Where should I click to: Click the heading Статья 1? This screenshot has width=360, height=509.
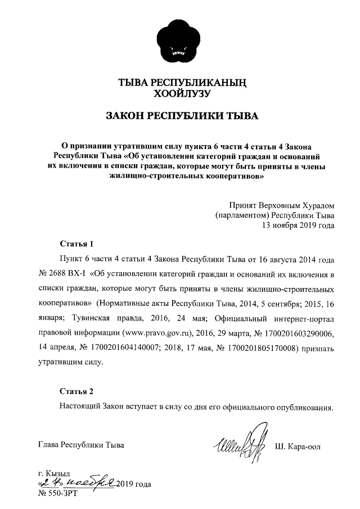pyautogui.click(x=76, y=244)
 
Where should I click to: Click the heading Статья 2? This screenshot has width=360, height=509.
pyautogui.click(x=76, y=391)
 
